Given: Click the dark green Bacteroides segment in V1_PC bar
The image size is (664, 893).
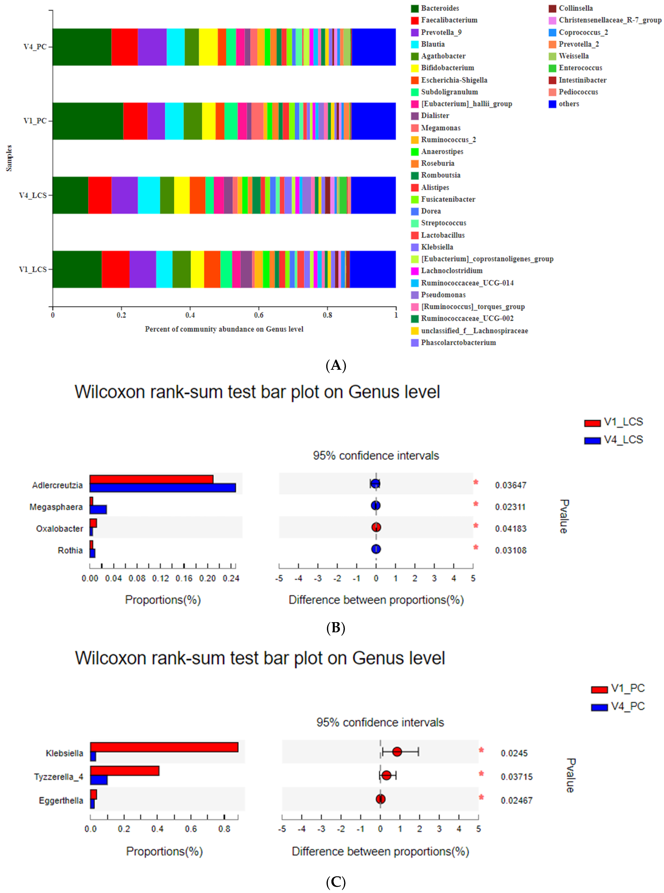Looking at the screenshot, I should (88, 121).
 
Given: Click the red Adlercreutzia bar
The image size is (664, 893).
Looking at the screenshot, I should (151, 479).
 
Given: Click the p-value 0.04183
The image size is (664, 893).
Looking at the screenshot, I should (510, 529).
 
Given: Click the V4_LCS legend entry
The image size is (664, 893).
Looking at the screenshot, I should (623, 440).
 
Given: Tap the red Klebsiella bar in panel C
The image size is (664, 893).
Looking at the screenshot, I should (164, 747).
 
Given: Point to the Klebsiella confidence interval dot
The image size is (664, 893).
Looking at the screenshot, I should (397, 752).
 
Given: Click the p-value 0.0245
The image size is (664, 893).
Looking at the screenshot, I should (514, 753).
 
